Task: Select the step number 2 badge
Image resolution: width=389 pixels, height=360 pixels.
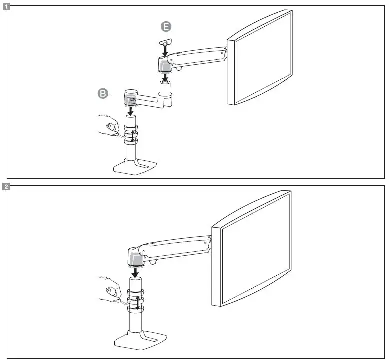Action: click(x=5, y=187)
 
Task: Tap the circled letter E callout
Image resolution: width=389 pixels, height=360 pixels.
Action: click(x=165, y=27)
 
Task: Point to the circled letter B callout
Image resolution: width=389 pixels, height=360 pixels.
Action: click(x=103, y=93)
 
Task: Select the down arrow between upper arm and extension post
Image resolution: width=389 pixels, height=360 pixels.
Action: click(x=165, y=77)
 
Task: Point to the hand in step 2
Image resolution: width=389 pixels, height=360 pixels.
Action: click(x=111, y=291)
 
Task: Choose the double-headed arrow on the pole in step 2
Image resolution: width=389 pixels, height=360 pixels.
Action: click(x=137, y=302)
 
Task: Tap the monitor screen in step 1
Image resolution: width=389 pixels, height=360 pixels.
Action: click(x=260, y=59)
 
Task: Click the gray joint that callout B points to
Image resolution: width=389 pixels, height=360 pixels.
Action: click(x=131, y=97)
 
